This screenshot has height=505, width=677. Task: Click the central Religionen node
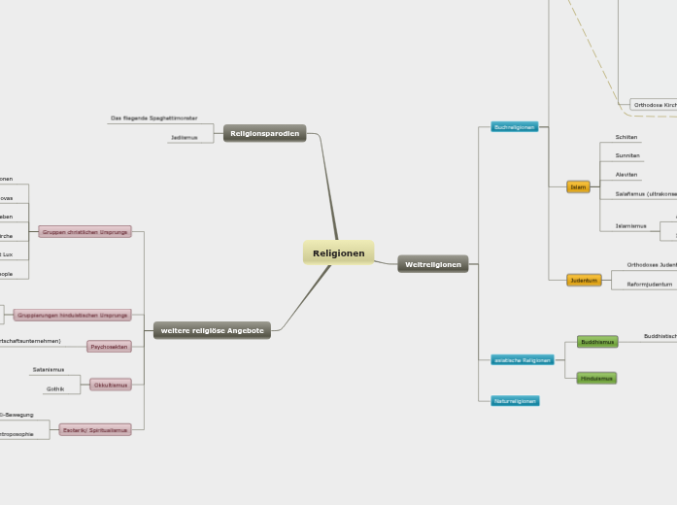click(x=338, y=253)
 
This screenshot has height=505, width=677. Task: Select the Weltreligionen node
click(x=432, y=264)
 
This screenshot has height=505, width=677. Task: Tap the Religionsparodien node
click(x=264, y=133)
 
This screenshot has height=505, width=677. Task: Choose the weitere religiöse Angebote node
click(x=212, y=331)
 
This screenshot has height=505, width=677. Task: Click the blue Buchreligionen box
click(x=514, y=127)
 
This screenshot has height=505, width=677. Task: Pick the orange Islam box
click(x=578, y=186)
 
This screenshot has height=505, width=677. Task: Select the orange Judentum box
click(x=584, y=280)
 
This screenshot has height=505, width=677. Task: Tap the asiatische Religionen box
click(x=522, y=360)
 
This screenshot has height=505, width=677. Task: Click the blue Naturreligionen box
click(x=514, y=400)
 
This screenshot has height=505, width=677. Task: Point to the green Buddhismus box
click(x=596, y=342)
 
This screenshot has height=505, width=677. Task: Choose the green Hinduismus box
click(x=596, y=378)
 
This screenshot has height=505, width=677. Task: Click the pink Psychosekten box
click(x=109, y=347)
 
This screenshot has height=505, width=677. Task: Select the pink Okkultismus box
click(x=110, y=385)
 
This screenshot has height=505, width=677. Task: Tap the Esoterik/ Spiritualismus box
click(x=94, y=429)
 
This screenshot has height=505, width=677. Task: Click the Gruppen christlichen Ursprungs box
click(x=85, y=232)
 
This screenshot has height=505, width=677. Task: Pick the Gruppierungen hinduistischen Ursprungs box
click(x=72, y=316)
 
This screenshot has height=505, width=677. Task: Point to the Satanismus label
click(x=49, y=370)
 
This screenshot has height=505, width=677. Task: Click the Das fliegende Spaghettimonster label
click(x=153, y=118)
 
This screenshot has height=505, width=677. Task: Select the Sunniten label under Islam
click(x=626, y=155)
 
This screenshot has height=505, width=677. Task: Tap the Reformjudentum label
click(x=649, y=285)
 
